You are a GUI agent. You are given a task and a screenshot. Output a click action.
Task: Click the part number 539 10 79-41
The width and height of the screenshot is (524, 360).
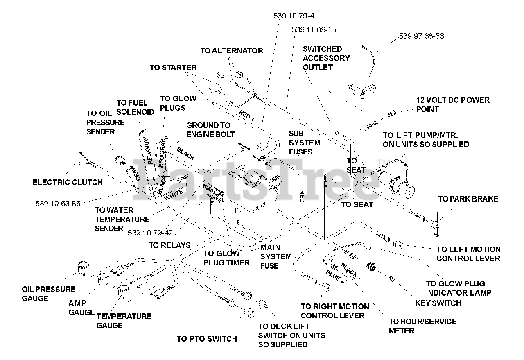pos(295,16)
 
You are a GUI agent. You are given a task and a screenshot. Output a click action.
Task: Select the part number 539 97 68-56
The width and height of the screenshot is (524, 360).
pos(421,36)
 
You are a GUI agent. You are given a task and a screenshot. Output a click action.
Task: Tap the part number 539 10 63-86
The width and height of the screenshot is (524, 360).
pos(58,204)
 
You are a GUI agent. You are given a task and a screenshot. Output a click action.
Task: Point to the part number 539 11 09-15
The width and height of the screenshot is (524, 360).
pos(314,30)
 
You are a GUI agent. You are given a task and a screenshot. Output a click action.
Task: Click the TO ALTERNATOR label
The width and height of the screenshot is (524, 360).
pos(232,50)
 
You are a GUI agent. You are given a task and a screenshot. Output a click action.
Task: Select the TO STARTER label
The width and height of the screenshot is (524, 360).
pos(173,68)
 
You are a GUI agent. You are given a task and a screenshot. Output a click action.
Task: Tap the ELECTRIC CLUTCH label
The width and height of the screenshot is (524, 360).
pos(68,182)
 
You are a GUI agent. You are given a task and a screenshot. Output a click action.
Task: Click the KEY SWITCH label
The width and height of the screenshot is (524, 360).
pos(438,303)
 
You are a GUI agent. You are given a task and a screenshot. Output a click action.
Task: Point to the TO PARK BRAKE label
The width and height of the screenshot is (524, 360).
pos(468,199)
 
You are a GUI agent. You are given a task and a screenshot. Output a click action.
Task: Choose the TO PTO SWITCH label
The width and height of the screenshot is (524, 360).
pos(207,339)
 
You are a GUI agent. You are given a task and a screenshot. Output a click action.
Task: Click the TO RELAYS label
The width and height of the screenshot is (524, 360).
pos(170,245)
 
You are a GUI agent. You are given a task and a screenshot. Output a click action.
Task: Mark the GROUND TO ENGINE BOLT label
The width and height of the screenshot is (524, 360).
pos(210,130)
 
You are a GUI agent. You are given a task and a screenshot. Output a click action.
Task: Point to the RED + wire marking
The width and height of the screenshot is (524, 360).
pos(246,115)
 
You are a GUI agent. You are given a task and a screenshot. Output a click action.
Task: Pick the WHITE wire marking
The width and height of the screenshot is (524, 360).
pos(174,195)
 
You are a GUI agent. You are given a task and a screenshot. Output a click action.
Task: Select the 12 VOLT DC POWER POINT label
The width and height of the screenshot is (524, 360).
pos(453,104)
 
